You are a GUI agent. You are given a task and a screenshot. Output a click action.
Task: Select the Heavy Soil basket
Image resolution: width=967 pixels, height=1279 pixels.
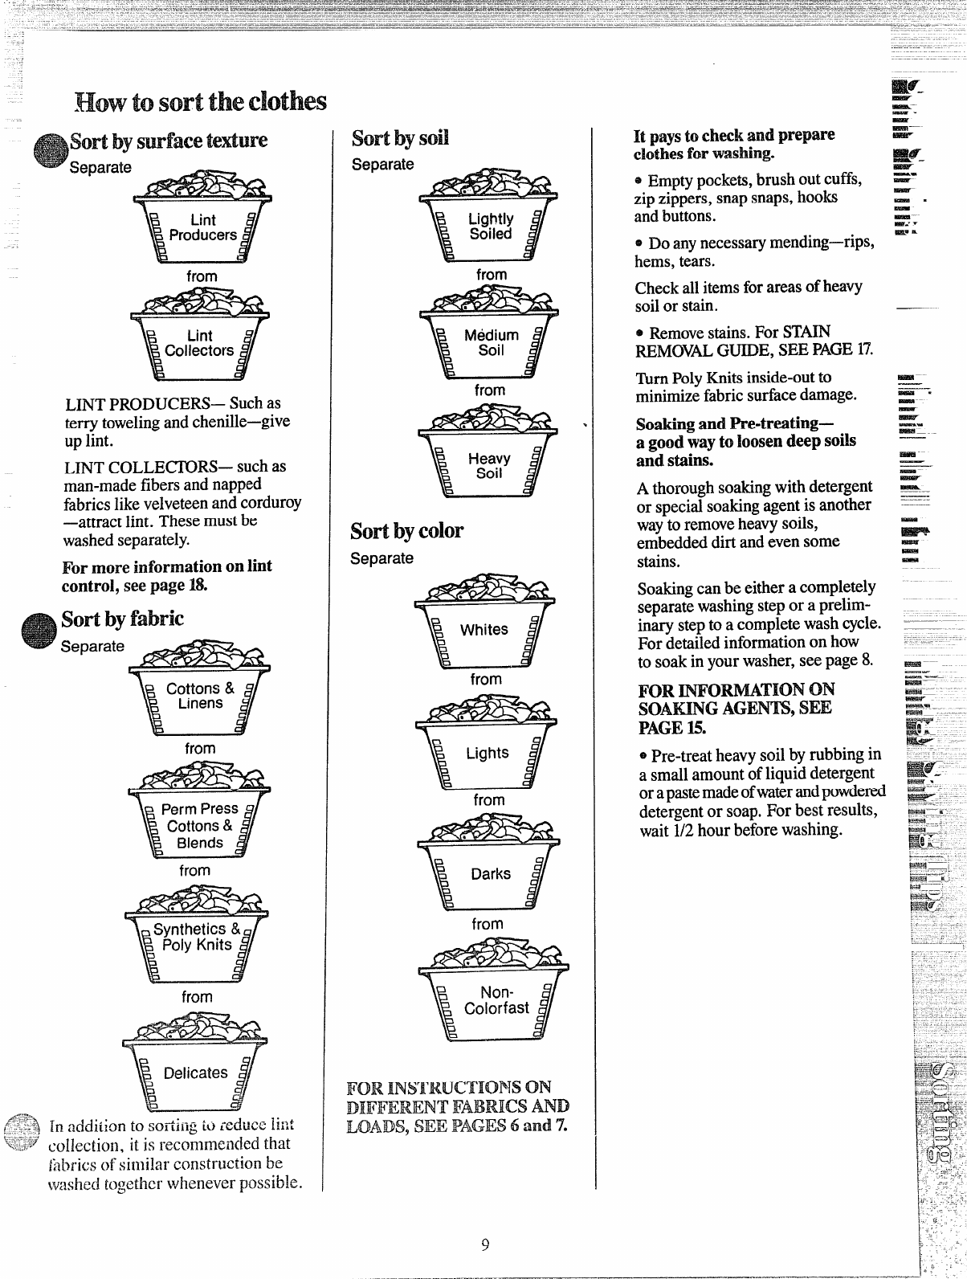(489, 459)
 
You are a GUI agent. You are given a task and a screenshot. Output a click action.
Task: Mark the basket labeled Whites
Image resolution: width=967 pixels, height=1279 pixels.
(483, 622)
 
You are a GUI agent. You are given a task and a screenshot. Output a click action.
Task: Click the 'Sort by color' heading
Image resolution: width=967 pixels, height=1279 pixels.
(406, 531)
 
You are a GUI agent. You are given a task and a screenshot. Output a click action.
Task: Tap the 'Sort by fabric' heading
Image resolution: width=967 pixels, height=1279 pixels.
(123, 619)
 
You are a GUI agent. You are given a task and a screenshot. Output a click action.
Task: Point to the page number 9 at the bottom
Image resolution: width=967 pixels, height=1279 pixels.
(485, 1245)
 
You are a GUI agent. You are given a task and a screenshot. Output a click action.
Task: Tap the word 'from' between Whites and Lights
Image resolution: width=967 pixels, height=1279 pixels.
(486, 679)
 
